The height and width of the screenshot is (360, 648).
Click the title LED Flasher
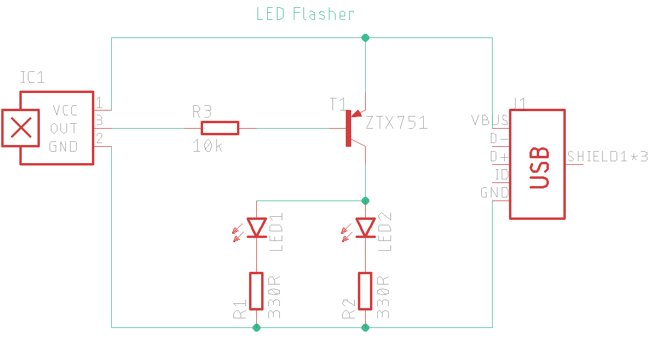pos(305,14)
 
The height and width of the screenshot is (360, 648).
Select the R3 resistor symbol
pos(220,127)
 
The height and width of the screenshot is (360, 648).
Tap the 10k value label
pos(207,146)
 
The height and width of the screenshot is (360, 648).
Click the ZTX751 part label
pos(397,123)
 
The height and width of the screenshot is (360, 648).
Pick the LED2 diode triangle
pos(365,227)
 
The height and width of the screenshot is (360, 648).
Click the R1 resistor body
pos(257,291)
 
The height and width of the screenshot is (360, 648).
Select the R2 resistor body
pos(365,291)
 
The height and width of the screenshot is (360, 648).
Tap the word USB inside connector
pos(539,167)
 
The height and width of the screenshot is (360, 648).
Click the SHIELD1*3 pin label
pos(607,156)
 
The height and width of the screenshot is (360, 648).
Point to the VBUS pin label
pos(490,119)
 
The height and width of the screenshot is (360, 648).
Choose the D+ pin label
pos(499,156)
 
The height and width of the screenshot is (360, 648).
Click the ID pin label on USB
pos(501,175)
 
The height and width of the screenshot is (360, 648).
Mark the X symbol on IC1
pos(22,127)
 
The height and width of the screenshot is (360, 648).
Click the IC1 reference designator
pos(32,77)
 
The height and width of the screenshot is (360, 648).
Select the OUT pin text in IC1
pos(63,128)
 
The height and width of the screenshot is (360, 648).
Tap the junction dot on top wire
pos(365,37)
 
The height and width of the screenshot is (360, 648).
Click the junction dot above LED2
pos(365,200)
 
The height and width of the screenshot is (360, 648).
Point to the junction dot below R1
pos(257,327)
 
